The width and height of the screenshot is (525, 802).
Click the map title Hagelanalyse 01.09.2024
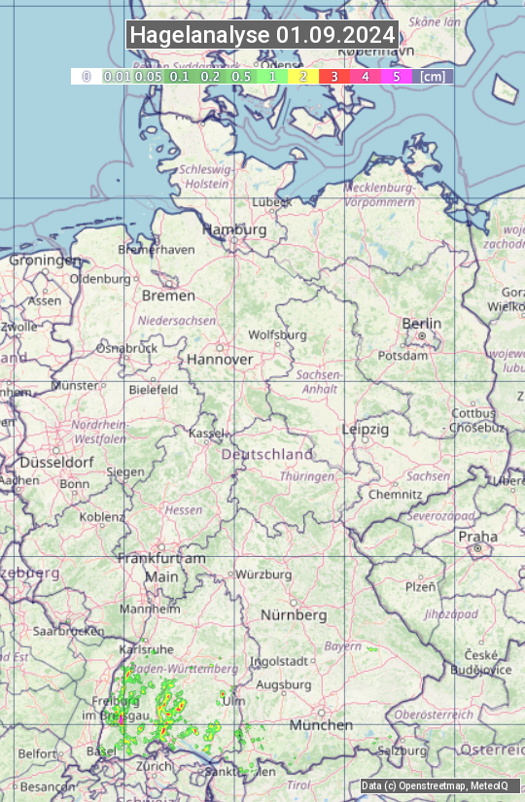tap(262, 35)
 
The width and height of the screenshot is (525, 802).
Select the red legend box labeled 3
tap(333, 76)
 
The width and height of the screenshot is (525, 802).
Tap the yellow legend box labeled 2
tap(303, 76)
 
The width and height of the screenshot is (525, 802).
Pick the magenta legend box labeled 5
tap(396, 76)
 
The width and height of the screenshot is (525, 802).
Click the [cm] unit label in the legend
tap(433, 76)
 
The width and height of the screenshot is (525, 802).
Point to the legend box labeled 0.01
tap(118, 76)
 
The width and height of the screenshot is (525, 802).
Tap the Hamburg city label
tap(233, 230)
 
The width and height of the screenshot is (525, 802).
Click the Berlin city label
tap(421, 324)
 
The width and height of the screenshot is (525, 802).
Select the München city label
tap(320, 725)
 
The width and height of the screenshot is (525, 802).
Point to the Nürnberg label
tap(294, 615)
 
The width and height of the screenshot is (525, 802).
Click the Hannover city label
tap(220, 359)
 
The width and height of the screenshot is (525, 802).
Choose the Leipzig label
tap(365, 429)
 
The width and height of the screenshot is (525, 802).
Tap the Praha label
tap(477, 537)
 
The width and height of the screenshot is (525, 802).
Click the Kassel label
tap(206, 432)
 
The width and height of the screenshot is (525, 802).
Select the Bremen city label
tap(168, 295)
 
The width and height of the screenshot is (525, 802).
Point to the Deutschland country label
tap(267, 454)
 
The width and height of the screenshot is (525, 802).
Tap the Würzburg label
tap(263, 575)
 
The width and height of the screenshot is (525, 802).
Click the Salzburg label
tap(402, 750)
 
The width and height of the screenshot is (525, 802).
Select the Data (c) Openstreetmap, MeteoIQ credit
tap(435, 785)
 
